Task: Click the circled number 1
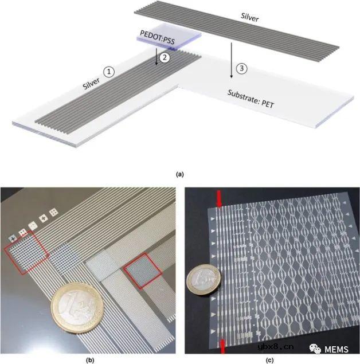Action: pos(109,72)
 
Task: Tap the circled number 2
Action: pos(165,57)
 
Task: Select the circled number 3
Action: pos(242,68)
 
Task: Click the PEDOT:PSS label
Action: pos(157,37)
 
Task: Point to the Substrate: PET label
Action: pos(251,99)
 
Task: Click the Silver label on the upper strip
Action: pos(250,17)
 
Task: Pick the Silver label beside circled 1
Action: pos(92,84)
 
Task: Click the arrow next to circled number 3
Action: pos(231,60)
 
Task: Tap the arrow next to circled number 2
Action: pos(156,56)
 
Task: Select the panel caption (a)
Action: pos(180,174)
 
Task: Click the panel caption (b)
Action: pos(89,360)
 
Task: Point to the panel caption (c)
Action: pos(269,360)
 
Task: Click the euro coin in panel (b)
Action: pos(77,309)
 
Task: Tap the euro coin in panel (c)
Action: pos(204,280)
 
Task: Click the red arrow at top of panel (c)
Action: pos(219,199)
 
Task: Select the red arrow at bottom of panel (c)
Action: pos(222,346)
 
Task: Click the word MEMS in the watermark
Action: pos(336,349)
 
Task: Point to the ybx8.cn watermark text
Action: pos(276,347)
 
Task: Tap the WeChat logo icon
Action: pos(315,349)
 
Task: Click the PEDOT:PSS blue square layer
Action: pos(169,37)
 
